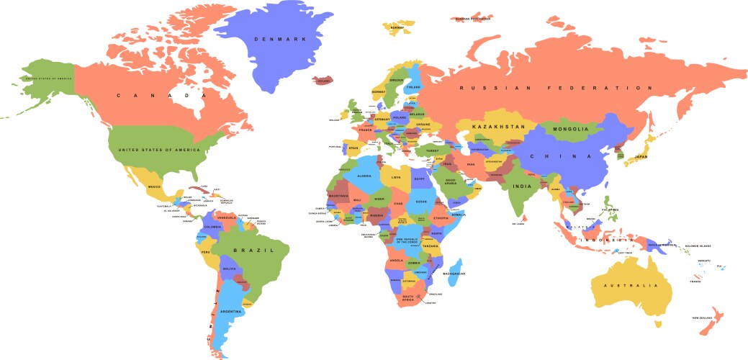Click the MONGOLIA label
pyautogui.click(x=569, y=130)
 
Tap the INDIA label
pyautogui.click(x=521, y=186)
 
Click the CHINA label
pyautogui.click(x=561, y=156)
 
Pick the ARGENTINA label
pyautogui.click(x=231, y=311)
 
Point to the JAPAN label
pyautogui.click(x=639, y=156)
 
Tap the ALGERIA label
pyautogui.click(x=364, y=176)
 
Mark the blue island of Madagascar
pyautogui.click(x=453, y=263)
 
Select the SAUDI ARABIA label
pyautogui.click(x=451, y=181)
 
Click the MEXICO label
pyautogui.click(x=154, y=187)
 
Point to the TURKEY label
pyautogui.click(x=432, y=151)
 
